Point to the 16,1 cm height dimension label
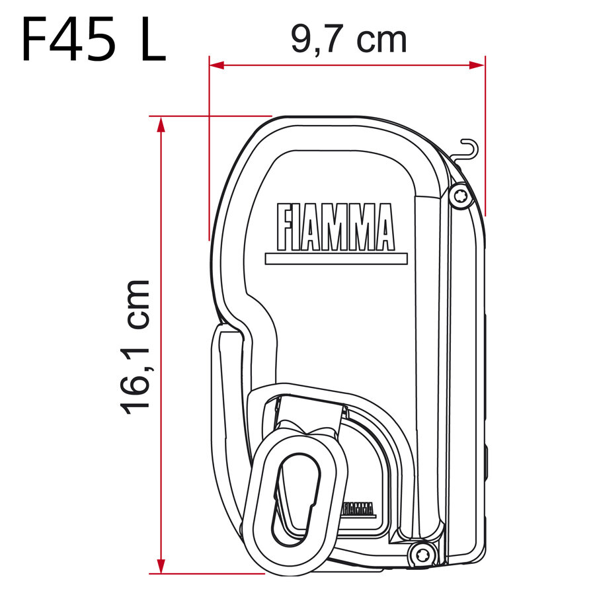136,347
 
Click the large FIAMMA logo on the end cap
335,227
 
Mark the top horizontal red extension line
212,116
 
